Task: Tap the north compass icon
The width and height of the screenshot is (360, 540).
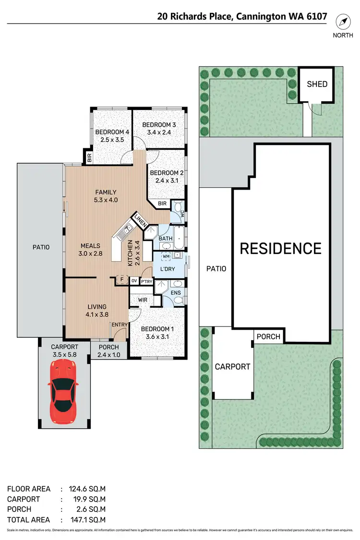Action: (x=344, y=22)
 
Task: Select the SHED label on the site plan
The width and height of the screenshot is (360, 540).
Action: (x=317, y=84)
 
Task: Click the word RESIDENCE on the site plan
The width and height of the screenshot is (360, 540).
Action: (x=281, y=249)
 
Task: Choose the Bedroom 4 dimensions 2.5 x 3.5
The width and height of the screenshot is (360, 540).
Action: (x=112, y=140)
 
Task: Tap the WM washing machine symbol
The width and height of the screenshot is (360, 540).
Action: (x=166, y=256)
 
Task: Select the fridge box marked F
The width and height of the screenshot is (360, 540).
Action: (x=122, y=280)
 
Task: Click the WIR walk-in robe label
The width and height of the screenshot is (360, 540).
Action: (x=143, y=300)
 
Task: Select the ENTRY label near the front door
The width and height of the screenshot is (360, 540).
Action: (x=120, y=325)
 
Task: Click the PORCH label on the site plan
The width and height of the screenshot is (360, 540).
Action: (x=268, y=336)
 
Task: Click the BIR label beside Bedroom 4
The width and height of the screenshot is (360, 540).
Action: (x=89, y=157)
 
